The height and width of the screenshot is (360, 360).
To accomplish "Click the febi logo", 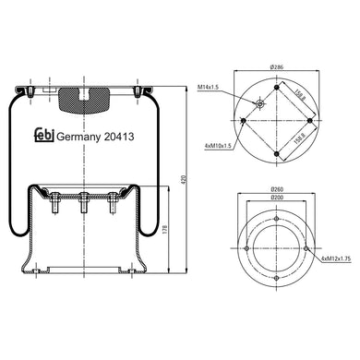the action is coord(44,135).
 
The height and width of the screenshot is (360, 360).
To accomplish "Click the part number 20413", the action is coord(119,137).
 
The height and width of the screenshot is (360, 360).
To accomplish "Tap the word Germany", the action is coord(78,138).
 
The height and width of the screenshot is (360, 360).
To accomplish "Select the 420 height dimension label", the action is coord(185,179).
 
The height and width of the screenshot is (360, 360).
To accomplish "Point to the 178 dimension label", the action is coord(165,228).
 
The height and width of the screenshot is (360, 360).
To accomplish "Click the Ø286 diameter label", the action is coord(276,66).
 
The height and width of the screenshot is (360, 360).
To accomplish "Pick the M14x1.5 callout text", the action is coord(208,88).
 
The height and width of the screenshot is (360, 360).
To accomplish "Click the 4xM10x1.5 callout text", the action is coord(218,146).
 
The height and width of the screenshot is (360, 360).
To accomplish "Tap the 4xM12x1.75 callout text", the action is coord(336,258).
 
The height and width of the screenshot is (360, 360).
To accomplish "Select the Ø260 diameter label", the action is coord(277,189).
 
